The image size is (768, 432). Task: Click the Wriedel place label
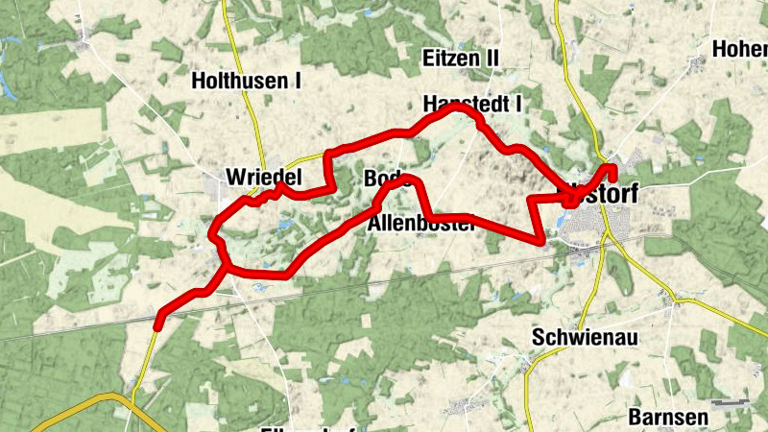(264, 177)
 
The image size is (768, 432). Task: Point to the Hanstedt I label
(471, 103)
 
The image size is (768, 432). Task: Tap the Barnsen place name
(668, 418)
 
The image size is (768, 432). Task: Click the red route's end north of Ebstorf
(612, 169)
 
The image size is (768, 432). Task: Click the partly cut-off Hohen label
(742, 48)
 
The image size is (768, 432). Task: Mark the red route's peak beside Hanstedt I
(458, 108)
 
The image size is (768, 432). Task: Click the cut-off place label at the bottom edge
(307, 427)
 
